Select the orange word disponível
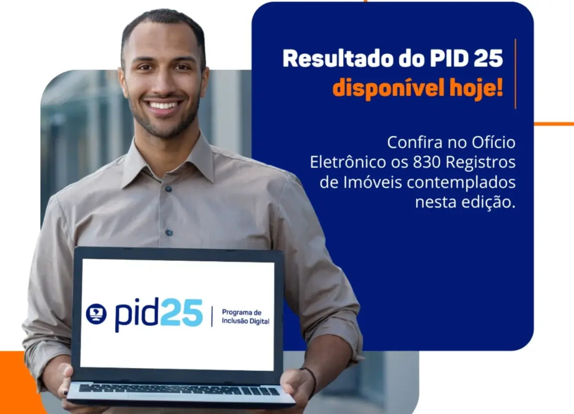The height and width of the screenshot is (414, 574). (x=388, y=89)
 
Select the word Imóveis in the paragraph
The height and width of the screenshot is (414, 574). (x=373, y=182)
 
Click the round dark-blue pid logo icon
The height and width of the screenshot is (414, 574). (x=96, y=314)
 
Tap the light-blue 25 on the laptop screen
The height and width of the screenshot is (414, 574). (x=182, y=313)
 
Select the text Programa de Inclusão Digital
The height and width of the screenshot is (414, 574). (x=245, y=317)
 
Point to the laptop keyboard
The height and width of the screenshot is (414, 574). (x=179, y=390)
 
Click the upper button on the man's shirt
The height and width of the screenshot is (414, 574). (x=168, y=189)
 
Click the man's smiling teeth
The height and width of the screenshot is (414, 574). (x=163, y=105)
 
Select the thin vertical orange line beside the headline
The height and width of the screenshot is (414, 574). (x=515, y=74)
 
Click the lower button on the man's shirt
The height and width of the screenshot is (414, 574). (x=169, y=233)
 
